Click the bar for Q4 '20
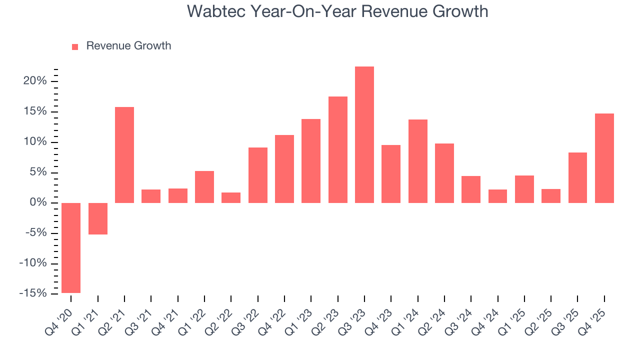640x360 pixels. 71,247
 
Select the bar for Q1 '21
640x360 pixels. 98,218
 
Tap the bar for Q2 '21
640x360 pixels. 124,155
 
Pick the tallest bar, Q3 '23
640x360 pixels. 364,134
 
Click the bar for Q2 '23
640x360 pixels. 338,149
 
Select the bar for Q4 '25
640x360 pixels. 604,158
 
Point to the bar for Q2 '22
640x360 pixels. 231,197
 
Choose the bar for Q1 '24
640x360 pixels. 418,161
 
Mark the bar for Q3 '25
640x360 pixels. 577,177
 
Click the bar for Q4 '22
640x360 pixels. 284,169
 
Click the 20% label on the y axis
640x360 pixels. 35,81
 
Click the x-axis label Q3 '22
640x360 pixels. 249,318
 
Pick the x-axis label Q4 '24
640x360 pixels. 489,318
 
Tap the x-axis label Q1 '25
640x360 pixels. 515,318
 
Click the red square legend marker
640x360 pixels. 75,46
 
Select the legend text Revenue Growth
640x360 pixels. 128,46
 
